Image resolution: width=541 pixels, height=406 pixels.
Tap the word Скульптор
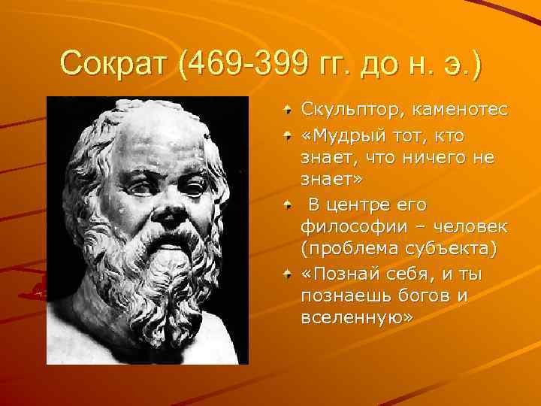pyautogui.click(x=350, y=111)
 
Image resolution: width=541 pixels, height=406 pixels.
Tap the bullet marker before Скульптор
pyautogui.click(x=288, y=111)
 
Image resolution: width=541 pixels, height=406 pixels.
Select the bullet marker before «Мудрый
pyautogui.click(x=288, y=135)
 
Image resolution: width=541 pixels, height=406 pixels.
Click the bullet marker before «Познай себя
pyautogui.click(x=288, y=274)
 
